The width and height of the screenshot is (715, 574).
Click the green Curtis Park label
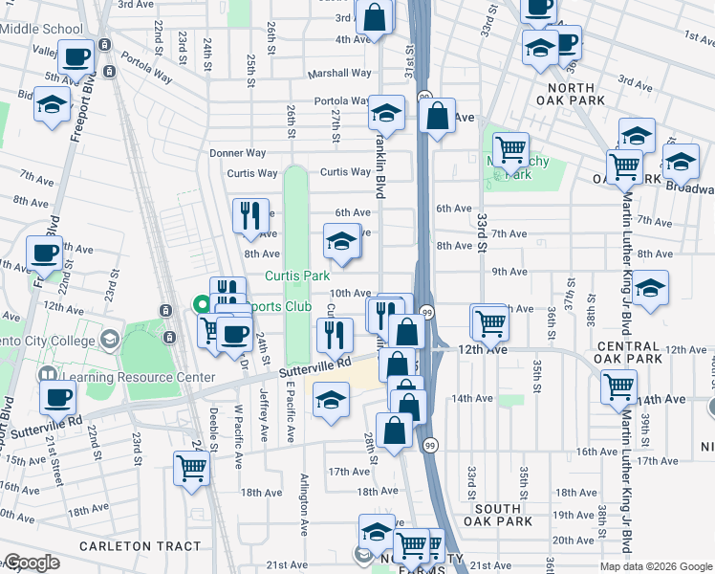[296, 276]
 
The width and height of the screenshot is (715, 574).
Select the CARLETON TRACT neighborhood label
[140, 546]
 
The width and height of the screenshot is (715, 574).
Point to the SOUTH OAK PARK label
[498, 514]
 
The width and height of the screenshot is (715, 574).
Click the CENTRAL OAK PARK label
[628, 352]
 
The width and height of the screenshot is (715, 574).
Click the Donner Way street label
[238, 153]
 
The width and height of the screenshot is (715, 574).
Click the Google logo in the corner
[31, 563]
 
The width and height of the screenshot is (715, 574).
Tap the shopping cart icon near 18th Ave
[191, 469]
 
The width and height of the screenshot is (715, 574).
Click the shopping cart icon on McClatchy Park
[511, 149]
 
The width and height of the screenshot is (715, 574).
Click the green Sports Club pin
[202, 306]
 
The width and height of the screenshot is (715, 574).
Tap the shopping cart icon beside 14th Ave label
[618, 386]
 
